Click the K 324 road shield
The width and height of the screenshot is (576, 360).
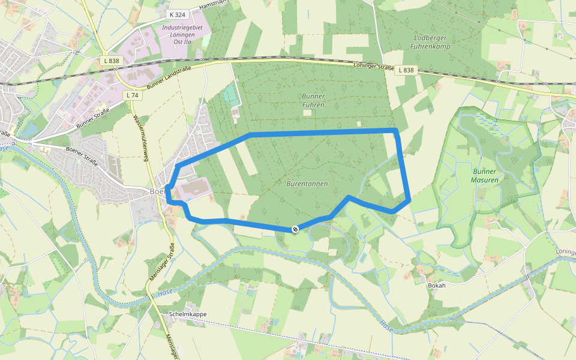click(x=178, y=14)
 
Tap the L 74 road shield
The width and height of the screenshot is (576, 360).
click(x=133, y=95)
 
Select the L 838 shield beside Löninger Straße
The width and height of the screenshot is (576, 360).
click(x=406, y=70)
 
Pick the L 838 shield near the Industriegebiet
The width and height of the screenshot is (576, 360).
click(x=111, y=61)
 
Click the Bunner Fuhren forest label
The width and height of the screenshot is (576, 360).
click(x=313, y=100)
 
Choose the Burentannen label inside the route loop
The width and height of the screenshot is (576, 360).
click(x=307, y=184)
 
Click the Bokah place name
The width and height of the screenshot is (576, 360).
click(x=436, y=286)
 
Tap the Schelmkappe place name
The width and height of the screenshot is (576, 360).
click(x=188, y=314)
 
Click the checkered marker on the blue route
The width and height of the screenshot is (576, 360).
click(x=295, y=229)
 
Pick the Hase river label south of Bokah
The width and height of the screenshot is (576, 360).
click(x=387, y=326)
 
